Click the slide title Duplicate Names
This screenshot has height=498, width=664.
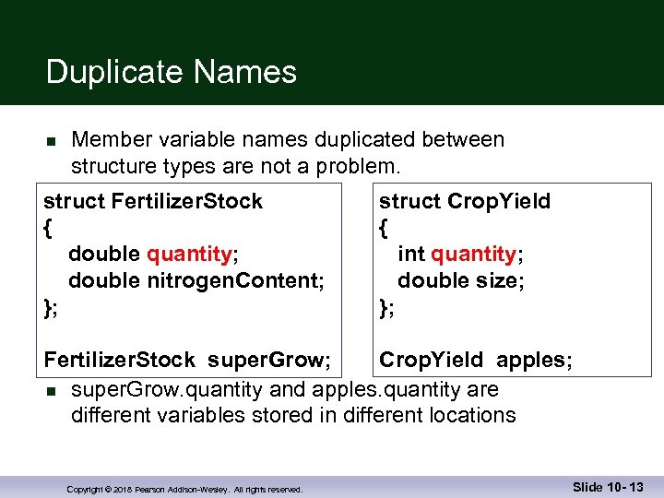(x=171, y=72)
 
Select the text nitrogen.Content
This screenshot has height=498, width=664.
(x=235, y=280)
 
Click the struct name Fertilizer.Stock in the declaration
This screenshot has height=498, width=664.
(x=188, y=201)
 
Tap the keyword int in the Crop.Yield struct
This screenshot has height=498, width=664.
(x=411, y=254)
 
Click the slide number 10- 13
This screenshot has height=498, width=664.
(x=628, y=487)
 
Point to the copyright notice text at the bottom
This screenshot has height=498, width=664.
(x=184, y=490)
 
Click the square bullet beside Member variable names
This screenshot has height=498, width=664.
(x=52, y=142)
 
